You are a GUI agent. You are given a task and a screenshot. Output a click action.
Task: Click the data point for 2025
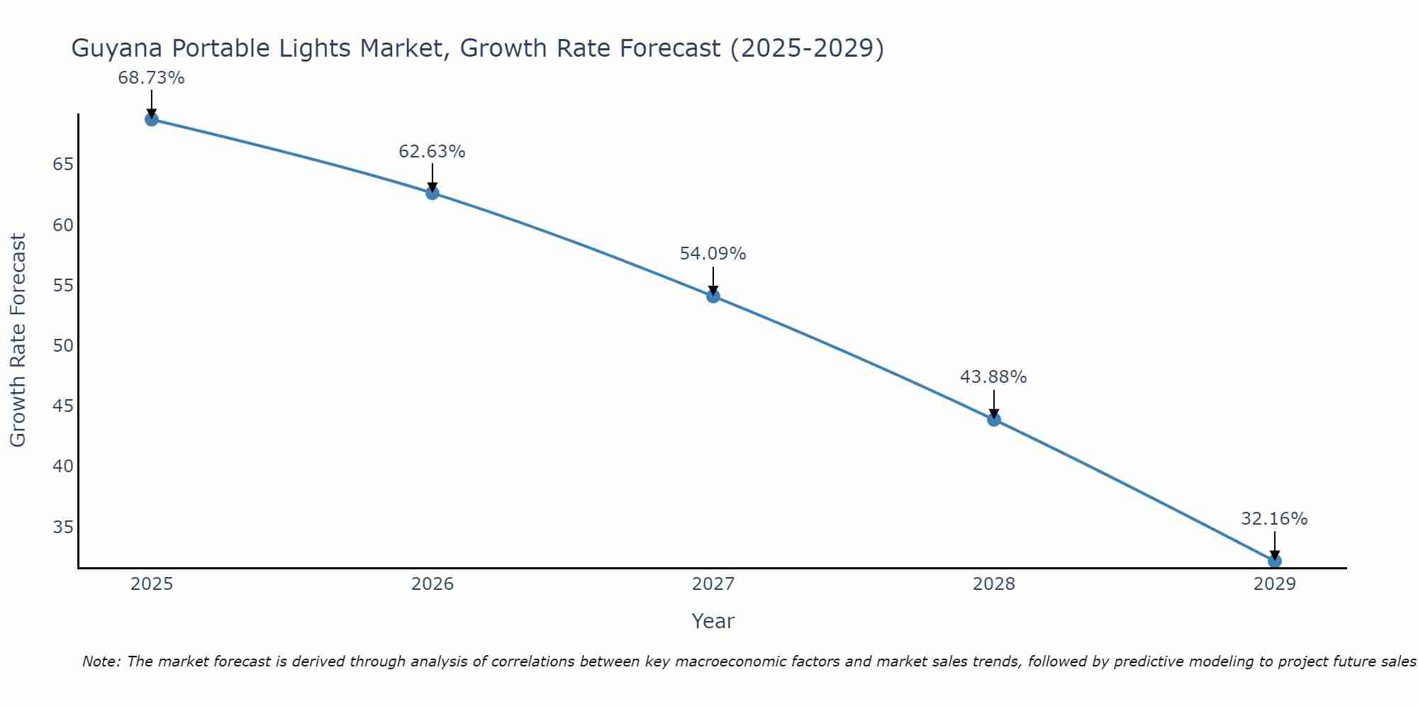pos(151,119)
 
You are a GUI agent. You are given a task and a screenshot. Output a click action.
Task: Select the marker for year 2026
pos(432,193)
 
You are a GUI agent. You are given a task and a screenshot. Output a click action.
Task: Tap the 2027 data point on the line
pos(713,296)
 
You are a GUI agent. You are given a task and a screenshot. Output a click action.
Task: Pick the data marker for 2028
pos(994,419)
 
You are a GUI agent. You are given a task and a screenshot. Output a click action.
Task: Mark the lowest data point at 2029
pos(1274,561)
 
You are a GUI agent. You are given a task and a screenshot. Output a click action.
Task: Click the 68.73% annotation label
pos(151,78)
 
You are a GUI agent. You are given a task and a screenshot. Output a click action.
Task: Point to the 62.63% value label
pos(432,152)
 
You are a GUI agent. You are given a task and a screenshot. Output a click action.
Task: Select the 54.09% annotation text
pos(713,254)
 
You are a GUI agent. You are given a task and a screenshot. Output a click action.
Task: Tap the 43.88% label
pos(993,377)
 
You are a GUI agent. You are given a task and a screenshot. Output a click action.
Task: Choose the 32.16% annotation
pos(1274,519)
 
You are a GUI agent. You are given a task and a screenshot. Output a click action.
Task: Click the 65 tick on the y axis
pos(63,164)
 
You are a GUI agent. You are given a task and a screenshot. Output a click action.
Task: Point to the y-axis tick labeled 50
pos(63,346)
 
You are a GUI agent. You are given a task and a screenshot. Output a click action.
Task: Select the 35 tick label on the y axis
pos(63,527)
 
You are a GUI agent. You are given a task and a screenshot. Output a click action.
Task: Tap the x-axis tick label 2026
pos(432,584)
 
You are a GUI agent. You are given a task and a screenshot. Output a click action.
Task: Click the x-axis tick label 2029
pos(1274,584)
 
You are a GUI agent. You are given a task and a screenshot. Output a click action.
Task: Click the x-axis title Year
pos(713,621)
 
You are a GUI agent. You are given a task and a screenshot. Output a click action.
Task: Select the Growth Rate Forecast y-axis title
pos(18,340)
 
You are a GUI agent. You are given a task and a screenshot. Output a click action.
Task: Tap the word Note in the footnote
pos(101,661)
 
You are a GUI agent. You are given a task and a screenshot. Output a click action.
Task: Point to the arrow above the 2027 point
pos(713,280)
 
